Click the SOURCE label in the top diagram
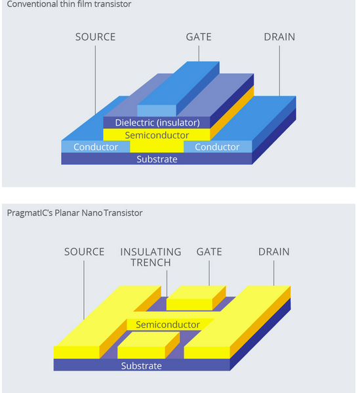pos(95,37)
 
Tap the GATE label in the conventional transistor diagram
pos(199,37)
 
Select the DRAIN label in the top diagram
pos(279,37)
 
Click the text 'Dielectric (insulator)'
pos(157,122)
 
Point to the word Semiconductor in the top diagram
pos(157,136)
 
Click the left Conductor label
pos(96,147)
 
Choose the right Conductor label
pos(217,147)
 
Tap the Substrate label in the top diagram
pos(157,159)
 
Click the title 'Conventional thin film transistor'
pos(69,4)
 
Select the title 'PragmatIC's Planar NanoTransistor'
pos(75,213)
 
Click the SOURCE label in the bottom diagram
pos(84,252)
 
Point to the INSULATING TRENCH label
pos(151,257)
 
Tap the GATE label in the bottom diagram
pos(209,252)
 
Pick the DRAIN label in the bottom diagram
pos(273,252)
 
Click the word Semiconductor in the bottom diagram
pos(168,325)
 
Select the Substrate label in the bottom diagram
pos(142,366)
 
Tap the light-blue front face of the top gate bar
pos(157,111)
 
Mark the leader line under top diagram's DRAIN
pos(279,71)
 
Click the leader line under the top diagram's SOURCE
pos(95,80)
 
